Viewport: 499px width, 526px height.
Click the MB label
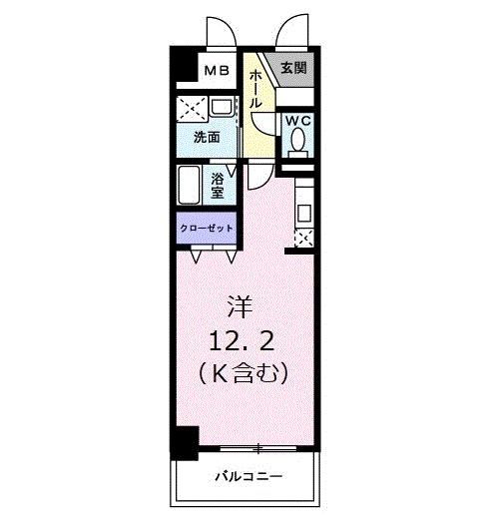(219, 71)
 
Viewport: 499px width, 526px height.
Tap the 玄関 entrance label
(292, 69)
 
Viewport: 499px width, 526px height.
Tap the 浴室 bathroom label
(220, 187)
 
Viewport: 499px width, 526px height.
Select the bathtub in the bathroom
(191, 187)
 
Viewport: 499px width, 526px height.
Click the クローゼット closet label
(207, 229)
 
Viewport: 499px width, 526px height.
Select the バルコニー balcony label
(248, 476)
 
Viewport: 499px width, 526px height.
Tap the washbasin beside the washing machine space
(223, 107)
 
